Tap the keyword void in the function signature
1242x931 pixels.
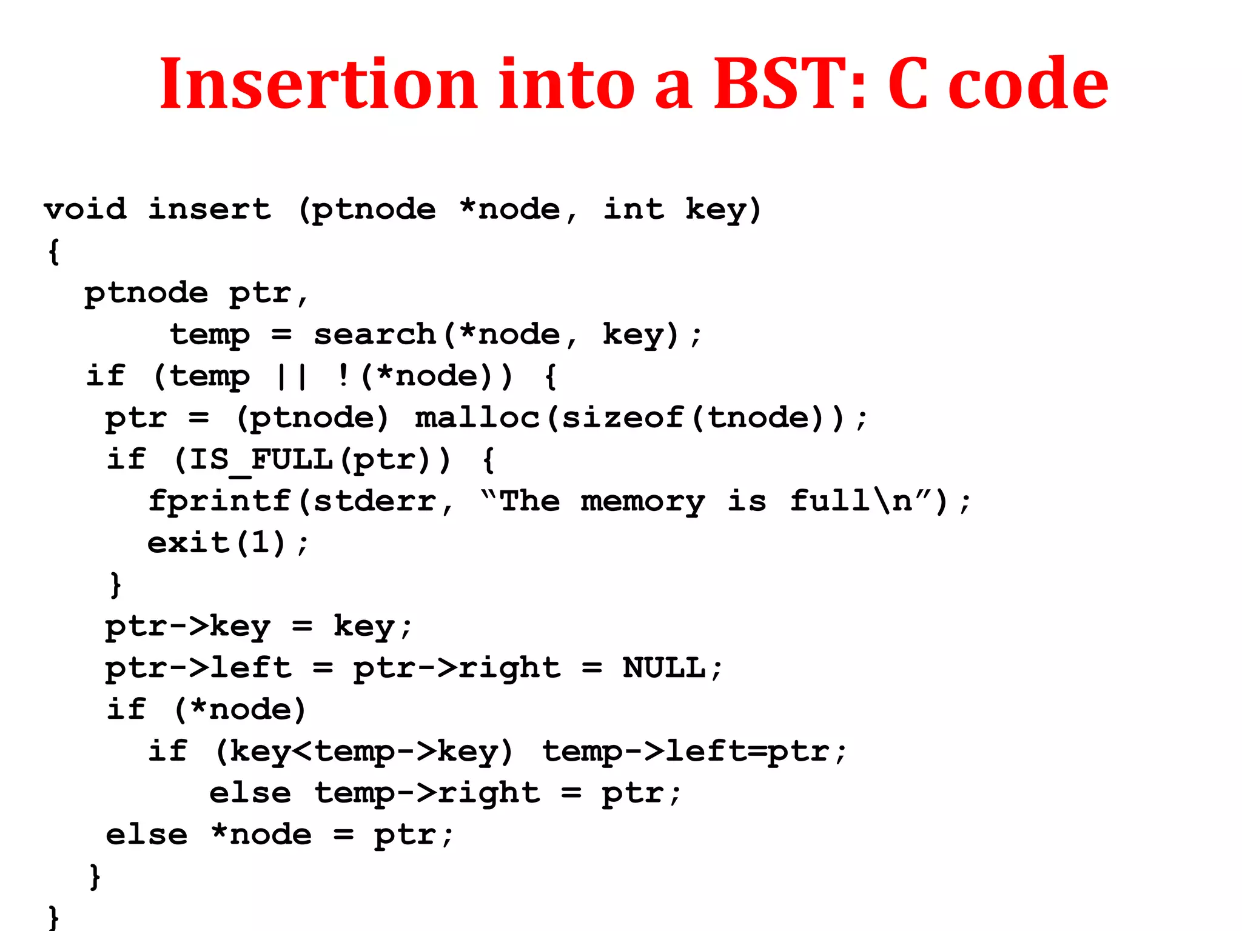point(86,210)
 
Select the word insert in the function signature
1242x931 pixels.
point(210,210)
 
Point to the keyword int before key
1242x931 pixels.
point(633,210)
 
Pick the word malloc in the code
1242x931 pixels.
point(478,418)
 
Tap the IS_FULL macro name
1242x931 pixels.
point(261,459)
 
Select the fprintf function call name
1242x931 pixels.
point(220,501)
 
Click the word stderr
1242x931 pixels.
point(375,501)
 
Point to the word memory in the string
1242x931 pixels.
point(643,501)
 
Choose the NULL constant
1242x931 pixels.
point(664,668)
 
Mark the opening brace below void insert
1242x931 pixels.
point(53,251)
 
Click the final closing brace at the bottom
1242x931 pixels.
point(53,917)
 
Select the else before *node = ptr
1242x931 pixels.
point(147,835)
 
